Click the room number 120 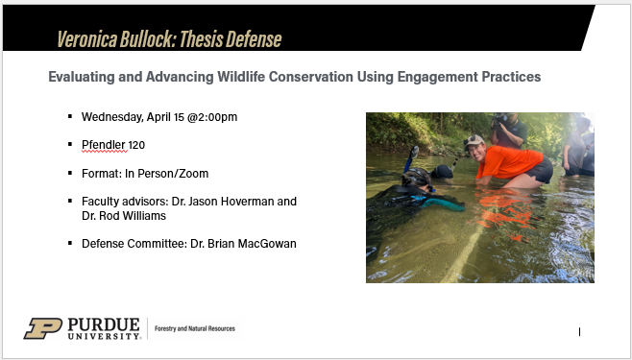138,144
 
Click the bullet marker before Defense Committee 70,243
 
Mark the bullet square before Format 70,172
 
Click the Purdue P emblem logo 42,328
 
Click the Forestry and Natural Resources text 194,329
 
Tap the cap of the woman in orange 474,140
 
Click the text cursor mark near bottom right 579,332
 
